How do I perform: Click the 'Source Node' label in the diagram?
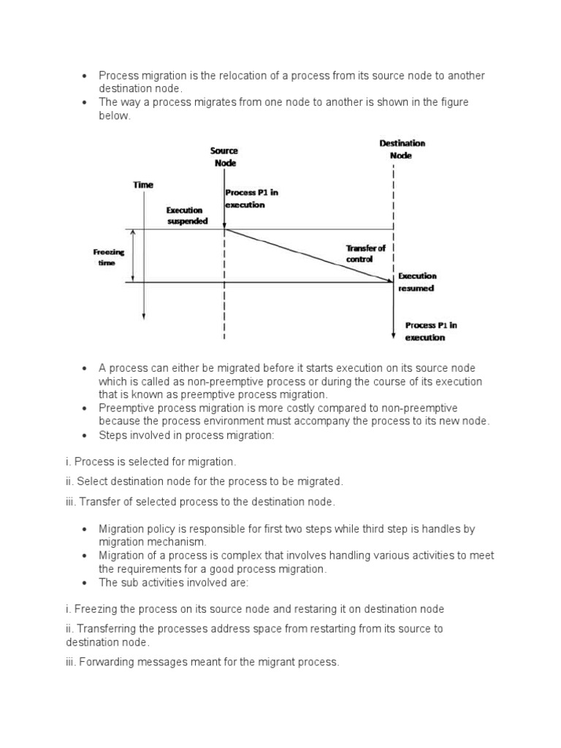(224, 157)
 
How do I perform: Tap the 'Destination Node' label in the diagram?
(401, 150)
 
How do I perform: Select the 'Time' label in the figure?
(143, 186)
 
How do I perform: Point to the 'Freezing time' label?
(109, 258)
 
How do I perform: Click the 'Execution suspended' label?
(187, 215)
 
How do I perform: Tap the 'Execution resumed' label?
(416, 282)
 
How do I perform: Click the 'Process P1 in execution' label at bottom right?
(430, 332)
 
